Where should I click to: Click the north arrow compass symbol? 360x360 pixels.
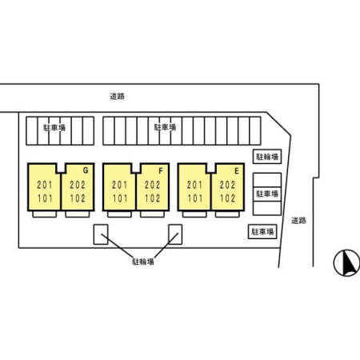346,263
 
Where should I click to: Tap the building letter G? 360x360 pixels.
86,170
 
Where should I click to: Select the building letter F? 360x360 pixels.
161,171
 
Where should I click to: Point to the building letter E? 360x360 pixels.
237,171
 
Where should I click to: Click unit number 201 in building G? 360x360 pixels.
45,185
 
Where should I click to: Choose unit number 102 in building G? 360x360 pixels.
78,198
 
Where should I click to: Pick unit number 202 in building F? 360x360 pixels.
153,185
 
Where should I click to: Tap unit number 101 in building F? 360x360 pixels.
120,198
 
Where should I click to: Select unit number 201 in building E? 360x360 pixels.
194,185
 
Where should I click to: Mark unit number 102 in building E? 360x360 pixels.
227,198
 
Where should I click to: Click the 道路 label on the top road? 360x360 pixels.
118,96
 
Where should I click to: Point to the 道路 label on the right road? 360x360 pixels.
298,221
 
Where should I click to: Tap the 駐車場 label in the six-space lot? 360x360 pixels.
54,128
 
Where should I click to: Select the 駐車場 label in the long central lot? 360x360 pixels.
165,127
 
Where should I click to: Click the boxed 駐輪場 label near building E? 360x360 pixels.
267,157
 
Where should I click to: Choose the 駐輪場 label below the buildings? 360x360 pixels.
143,262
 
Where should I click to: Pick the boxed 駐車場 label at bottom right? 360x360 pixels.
262,232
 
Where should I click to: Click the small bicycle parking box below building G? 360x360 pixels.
101,234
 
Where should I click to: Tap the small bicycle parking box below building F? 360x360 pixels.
175,234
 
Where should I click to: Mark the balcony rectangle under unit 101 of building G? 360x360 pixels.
45,214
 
